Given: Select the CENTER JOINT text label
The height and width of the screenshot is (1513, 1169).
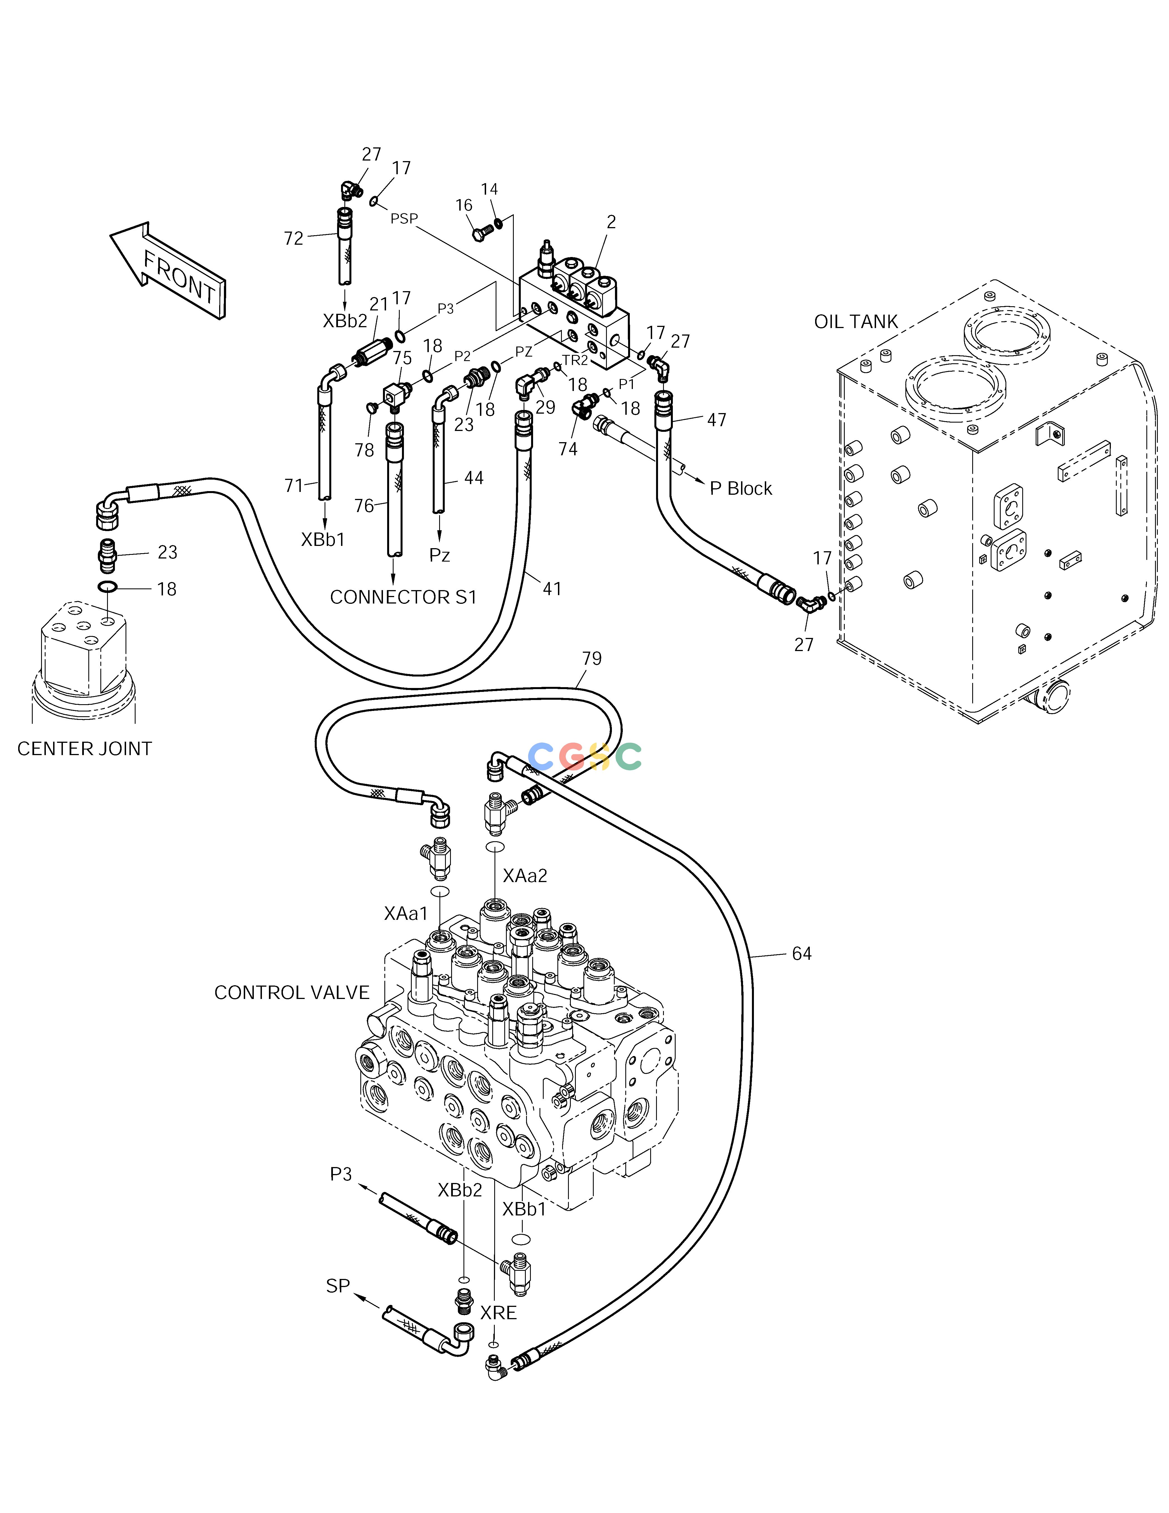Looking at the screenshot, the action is [84, 749].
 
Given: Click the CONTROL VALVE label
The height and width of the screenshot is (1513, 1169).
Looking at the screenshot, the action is [292, 993].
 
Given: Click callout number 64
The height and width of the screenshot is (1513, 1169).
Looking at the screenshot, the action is [802, 954].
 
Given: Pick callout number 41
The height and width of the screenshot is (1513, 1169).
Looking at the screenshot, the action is [552, 589].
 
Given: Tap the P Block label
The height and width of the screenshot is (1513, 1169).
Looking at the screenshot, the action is [741, 488].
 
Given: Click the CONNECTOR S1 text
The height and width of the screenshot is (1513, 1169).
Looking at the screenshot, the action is [404, 597].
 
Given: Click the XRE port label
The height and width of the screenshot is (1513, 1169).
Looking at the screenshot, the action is [499, 1313].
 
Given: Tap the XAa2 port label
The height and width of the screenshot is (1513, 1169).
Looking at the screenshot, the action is [525, 876].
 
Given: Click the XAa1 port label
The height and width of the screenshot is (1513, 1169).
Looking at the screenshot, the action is [406, 914].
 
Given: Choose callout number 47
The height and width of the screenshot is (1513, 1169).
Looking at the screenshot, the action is [717, 420].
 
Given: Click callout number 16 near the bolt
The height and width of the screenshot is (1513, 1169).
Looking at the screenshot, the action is [464, 205].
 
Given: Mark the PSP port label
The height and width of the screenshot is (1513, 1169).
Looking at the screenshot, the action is [404, 219].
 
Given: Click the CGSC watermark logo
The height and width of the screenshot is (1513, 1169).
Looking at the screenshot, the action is [585, 756].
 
